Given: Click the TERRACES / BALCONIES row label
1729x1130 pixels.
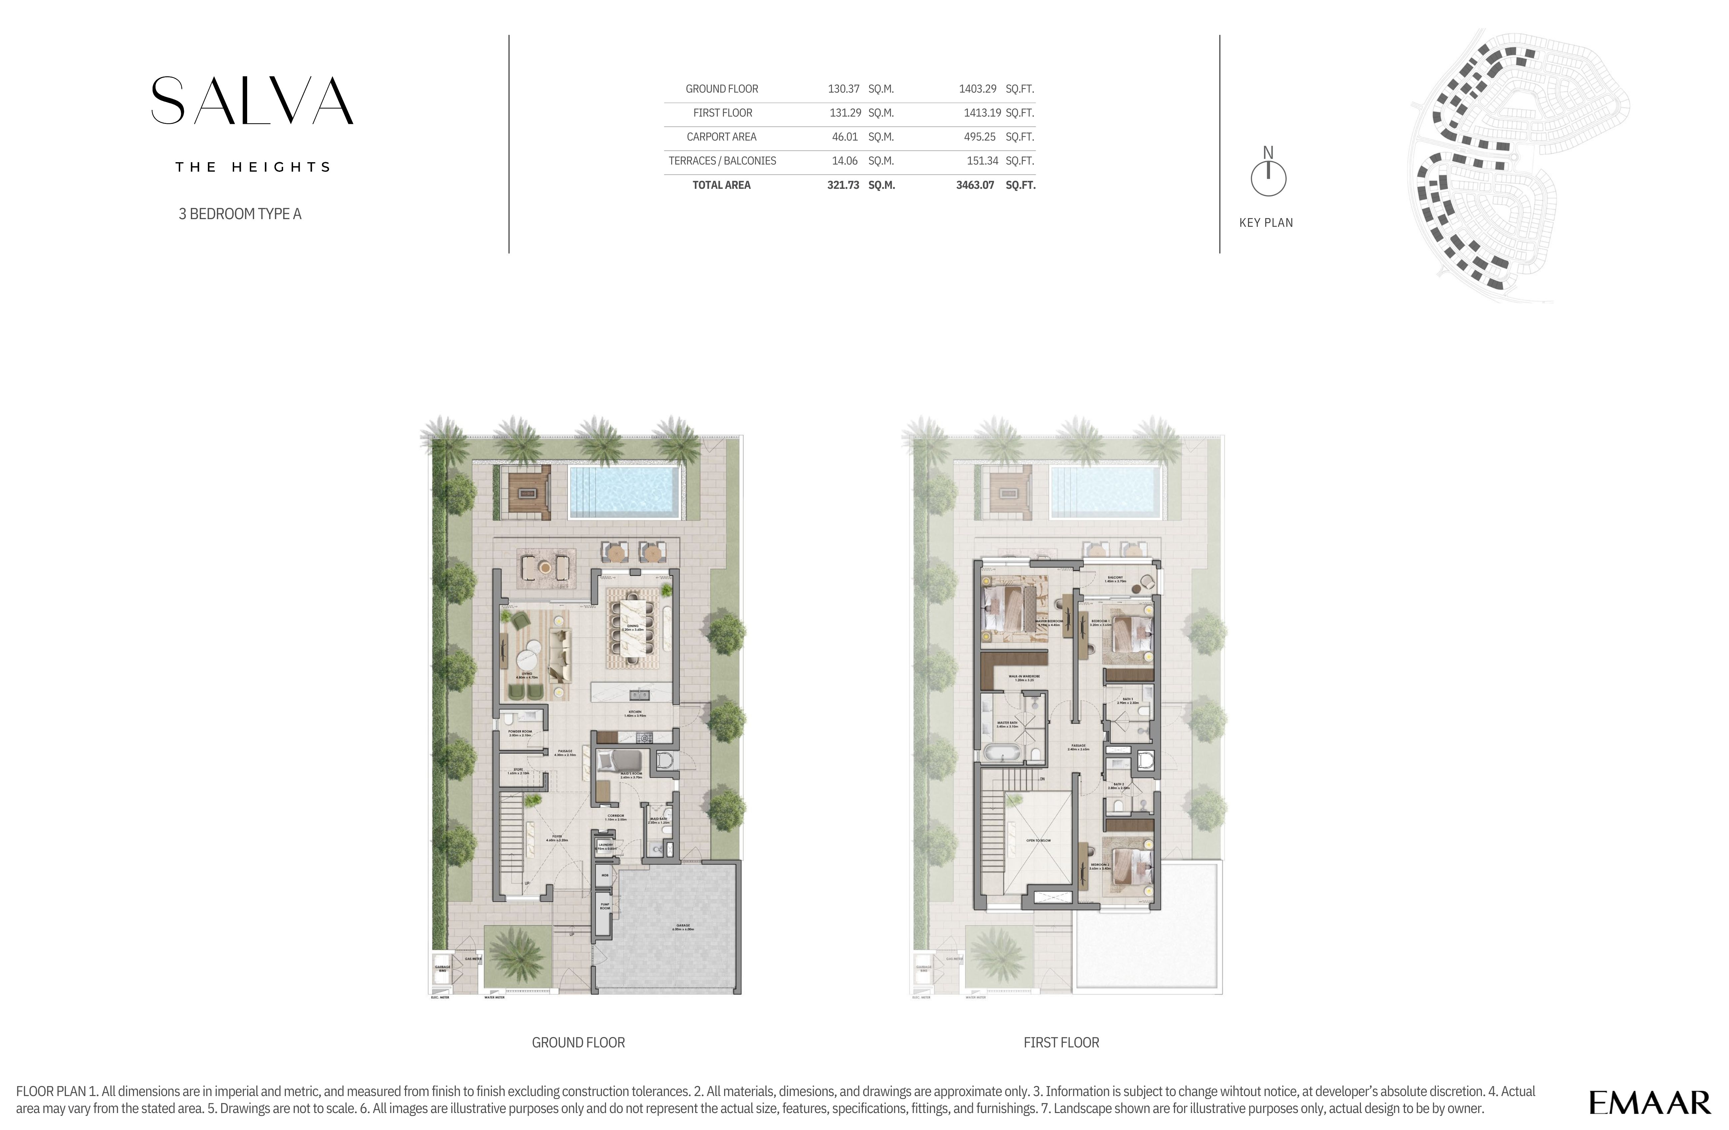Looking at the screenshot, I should pyautogui.click(x=722, y=161).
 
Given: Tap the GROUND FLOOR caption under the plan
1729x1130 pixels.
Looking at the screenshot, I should pyautogui.click(x=578, y=1042).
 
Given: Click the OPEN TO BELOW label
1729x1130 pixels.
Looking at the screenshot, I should pyautogui.click(x=1038, y=840).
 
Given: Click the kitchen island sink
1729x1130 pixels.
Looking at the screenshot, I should pyautogui.click(x=639, y=693).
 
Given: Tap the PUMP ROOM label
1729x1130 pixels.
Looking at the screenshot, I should pyautogui.click(x=605, y=906).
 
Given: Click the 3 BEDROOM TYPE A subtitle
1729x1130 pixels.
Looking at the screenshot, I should pyautogui.click(x=240, y=213).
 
